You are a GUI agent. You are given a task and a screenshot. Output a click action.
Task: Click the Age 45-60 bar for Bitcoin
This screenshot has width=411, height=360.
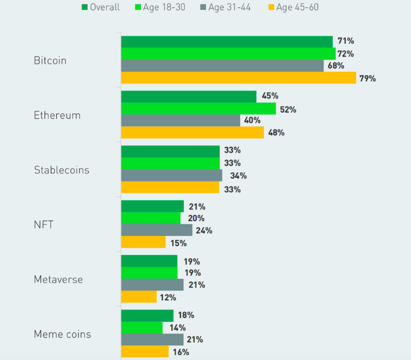click(238, 78)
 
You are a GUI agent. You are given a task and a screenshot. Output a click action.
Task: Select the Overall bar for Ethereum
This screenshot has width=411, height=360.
click(188, 96)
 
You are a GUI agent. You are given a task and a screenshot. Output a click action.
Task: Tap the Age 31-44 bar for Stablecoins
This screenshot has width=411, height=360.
click(171, 176)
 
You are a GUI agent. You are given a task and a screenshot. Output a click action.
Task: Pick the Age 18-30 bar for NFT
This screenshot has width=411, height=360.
click(151, 218)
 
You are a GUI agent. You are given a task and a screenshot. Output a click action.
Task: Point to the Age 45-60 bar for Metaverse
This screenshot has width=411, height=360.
click(138, 297)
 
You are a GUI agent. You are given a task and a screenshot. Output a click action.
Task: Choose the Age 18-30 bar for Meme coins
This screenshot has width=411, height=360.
click(141, 328)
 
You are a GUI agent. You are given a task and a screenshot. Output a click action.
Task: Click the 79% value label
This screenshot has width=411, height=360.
click(367, 78)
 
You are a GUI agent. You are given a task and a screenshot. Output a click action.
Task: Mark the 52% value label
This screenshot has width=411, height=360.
click(288, 110)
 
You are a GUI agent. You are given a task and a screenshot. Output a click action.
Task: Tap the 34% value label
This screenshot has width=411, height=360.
click(238, 176)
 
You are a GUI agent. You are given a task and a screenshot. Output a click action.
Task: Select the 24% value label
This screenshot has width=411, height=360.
click(204, 230)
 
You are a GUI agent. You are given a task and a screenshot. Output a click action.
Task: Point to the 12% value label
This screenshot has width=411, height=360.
click(168, 297)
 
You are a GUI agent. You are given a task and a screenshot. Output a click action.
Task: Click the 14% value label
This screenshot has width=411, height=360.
click(177, 328)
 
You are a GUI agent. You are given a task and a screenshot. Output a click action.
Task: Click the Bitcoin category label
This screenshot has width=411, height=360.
click(50, 61)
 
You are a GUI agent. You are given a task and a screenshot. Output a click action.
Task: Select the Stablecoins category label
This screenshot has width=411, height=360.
click(62, 170)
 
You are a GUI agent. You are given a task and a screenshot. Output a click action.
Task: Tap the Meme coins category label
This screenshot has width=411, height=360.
click(62, 335)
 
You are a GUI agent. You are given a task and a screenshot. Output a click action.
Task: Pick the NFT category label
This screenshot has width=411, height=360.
click(44, 225)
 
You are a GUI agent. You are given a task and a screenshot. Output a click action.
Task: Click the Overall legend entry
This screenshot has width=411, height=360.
click(100, 7)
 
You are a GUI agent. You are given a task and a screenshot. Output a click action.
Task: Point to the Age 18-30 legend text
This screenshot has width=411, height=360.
click(164, 7)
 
